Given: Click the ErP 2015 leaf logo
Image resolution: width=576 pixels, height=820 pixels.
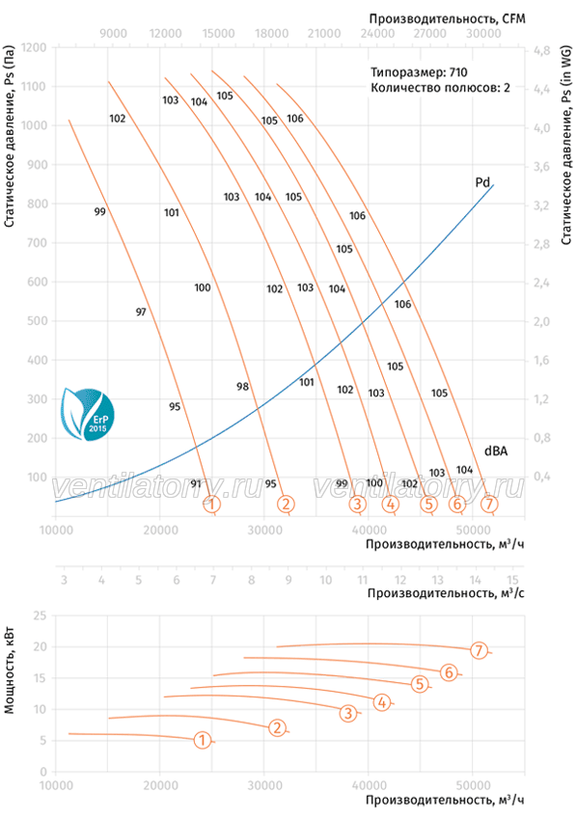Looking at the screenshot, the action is [x=88, y=414].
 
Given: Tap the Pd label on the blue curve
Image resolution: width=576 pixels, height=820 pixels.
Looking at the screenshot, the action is [x=482, y=182].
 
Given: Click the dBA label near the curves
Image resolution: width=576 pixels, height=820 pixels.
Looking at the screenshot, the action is [x=495, y=451].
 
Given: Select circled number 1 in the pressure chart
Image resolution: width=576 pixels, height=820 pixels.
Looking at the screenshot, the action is [x=211, y=505].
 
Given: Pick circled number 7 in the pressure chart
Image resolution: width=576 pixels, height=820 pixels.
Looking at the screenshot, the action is [x=489, y=504].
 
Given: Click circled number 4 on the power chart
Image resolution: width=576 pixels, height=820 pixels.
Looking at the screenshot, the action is [x=382, y=702].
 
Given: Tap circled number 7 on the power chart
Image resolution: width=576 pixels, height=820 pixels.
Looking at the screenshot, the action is [x=479, y=650].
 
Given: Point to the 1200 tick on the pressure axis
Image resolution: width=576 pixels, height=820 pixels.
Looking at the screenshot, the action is [x=33, y=47].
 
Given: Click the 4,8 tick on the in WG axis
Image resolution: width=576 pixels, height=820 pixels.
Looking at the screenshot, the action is [x=541, y=51].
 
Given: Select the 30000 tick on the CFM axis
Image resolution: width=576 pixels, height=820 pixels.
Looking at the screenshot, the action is [x=483, y=34].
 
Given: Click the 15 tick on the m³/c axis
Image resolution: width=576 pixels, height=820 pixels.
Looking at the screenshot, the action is [x=512, y=580].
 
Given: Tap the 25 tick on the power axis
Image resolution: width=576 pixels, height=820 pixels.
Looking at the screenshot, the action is [x=40, y=615].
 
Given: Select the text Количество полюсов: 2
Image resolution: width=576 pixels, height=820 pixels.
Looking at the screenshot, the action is [x=440, y=88].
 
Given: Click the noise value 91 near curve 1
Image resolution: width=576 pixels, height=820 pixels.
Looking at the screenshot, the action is [x=196, y=483].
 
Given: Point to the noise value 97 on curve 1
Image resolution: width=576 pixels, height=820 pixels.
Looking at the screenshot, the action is [x=141, y=313].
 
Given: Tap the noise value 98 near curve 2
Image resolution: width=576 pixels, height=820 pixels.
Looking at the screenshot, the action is [x=242, y=387].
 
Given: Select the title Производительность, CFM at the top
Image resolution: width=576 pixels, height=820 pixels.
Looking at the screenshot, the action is [x=448, y=19].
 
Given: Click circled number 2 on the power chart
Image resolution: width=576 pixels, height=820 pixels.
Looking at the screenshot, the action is [x=277, y=727].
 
